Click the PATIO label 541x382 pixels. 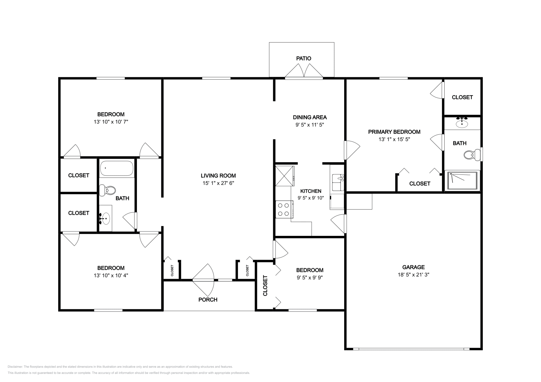pos(304,58)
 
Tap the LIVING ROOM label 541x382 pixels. pos(218,176)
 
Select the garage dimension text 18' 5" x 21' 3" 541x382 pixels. pos(414,274)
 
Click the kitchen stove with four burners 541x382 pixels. pos(284,210)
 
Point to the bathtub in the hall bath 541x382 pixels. pos(117,168)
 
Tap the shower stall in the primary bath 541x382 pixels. pos(462,181)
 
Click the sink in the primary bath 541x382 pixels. pos(462,124)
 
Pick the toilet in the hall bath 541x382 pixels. pos(108,190)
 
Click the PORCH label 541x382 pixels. pos(208,300)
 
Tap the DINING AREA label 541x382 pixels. pos(310,117)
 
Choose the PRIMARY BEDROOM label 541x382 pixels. pos(394,132)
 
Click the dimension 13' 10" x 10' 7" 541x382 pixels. pos(111,122)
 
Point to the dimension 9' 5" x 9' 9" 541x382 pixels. pos(310,277)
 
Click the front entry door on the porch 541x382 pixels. pos(203,280)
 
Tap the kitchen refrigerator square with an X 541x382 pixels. pos(285,176)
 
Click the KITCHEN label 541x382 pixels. pos(311,191)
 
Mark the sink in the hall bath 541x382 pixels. pos(105,218)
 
